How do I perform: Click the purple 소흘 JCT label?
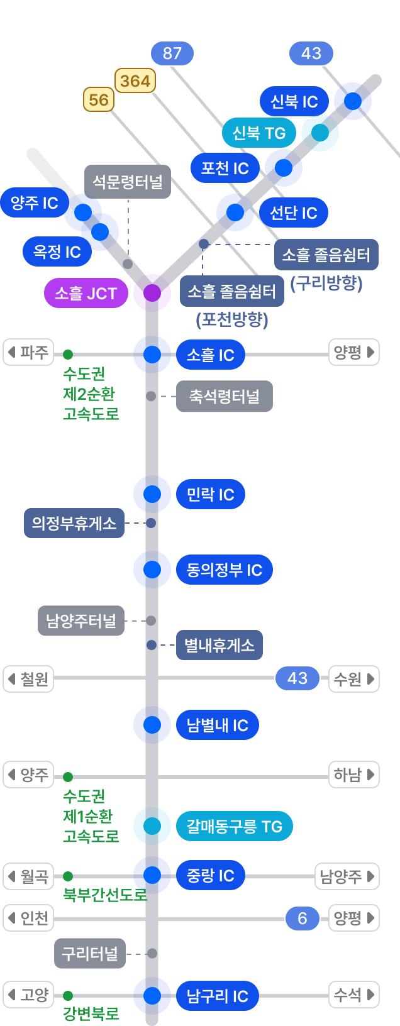pyautogui.click(x=86, y=293)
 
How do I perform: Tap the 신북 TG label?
pyautogui.click(x=259, y=133)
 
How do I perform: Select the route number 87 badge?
pyautogui.click(x=172, y=53)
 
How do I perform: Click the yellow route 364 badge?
pyautogui.click(x=135, y=80)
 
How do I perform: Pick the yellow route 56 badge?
pyautogui.click(x=99, y=99)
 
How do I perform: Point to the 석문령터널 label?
pyautogui.click(x=128, y=182)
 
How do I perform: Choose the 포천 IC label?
pyautogui.click(x=225, y=168)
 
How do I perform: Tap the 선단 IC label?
pyautogui.click(x=294, y=213)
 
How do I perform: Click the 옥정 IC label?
pyautogui.click(x=57, y=252)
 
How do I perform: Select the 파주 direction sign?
pyautogui.click(x=28, y=352)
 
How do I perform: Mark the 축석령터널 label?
pyautogui.click(x=225, y=397)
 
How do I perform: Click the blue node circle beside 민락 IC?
pyautogui.click(x=152, y=494)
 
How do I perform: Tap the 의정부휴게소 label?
pyautogui.click(x=74, y=523)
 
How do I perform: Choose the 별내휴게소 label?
pyautogui.click(x=219, y=646)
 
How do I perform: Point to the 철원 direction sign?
pyautogui.click(x=28, y=679)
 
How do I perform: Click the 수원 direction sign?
pyautogui.click(x=353, y=679)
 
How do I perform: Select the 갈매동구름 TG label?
pyautogui.click(x=235, y=826)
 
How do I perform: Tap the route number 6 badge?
pyautogui.click(x=303, y=918)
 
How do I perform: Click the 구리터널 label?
pyautogui.click(x=90, y=954)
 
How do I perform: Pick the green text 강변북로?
pyautogui.click(x=91, y=1013)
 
